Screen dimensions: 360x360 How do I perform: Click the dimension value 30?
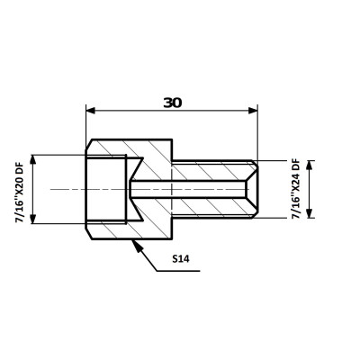(x=173, y=103)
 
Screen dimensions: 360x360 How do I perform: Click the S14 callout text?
(x=181, y=258)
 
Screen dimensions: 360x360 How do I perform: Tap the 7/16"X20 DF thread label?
(x=20, y=189)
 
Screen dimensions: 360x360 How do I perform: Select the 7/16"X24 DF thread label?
(x=296, y=189)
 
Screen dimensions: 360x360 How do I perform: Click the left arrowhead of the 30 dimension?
(x=91, y=111)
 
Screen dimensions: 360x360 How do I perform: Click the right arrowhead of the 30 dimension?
(x=253, y=111)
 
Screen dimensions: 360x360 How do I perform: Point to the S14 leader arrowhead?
(x=136, y=245)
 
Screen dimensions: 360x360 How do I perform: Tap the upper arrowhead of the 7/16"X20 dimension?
(x=33, y=159)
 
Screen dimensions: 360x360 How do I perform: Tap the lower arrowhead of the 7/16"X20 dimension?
(x=33, y=219)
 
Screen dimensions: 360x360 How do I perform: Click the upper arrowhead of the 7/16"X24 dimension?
(x=310, y=166)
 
